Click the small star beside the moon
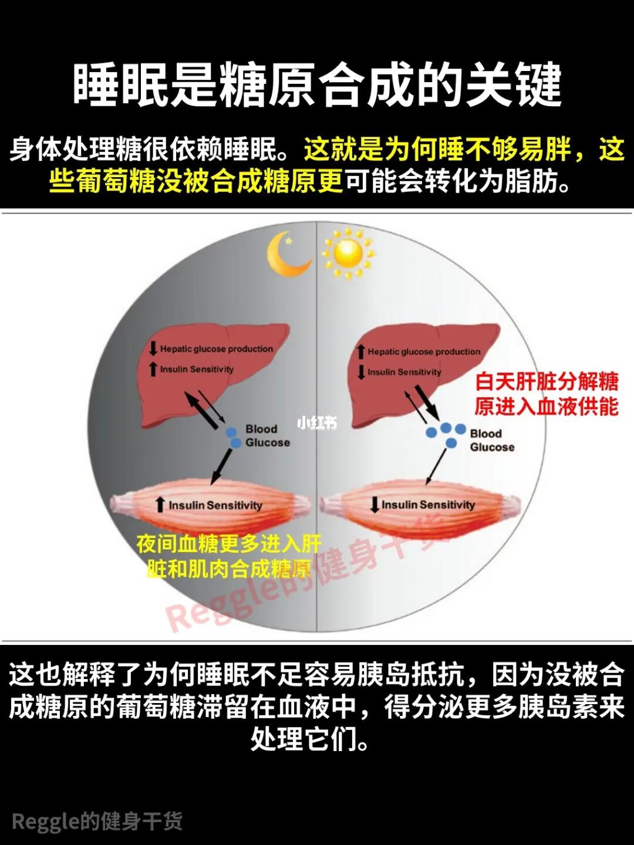tap(288, 239)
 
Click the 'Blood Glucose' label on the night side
tap(268, 436)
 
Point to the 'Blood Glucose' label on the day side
tap(492, 440)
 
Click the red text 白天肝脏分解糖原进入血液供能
tap(547, 394)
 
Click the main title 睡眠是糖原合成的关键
tap(317, 86)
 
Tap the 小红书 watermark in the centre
tap(317, 422)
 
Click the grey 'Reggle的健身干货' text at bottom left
tap(97, 821)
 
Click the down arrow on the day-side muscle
tap(375, 504)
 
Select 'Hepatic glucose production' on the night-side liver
tap(217, 349)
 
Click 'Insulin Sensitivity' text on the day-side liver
tap(404, 372)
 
